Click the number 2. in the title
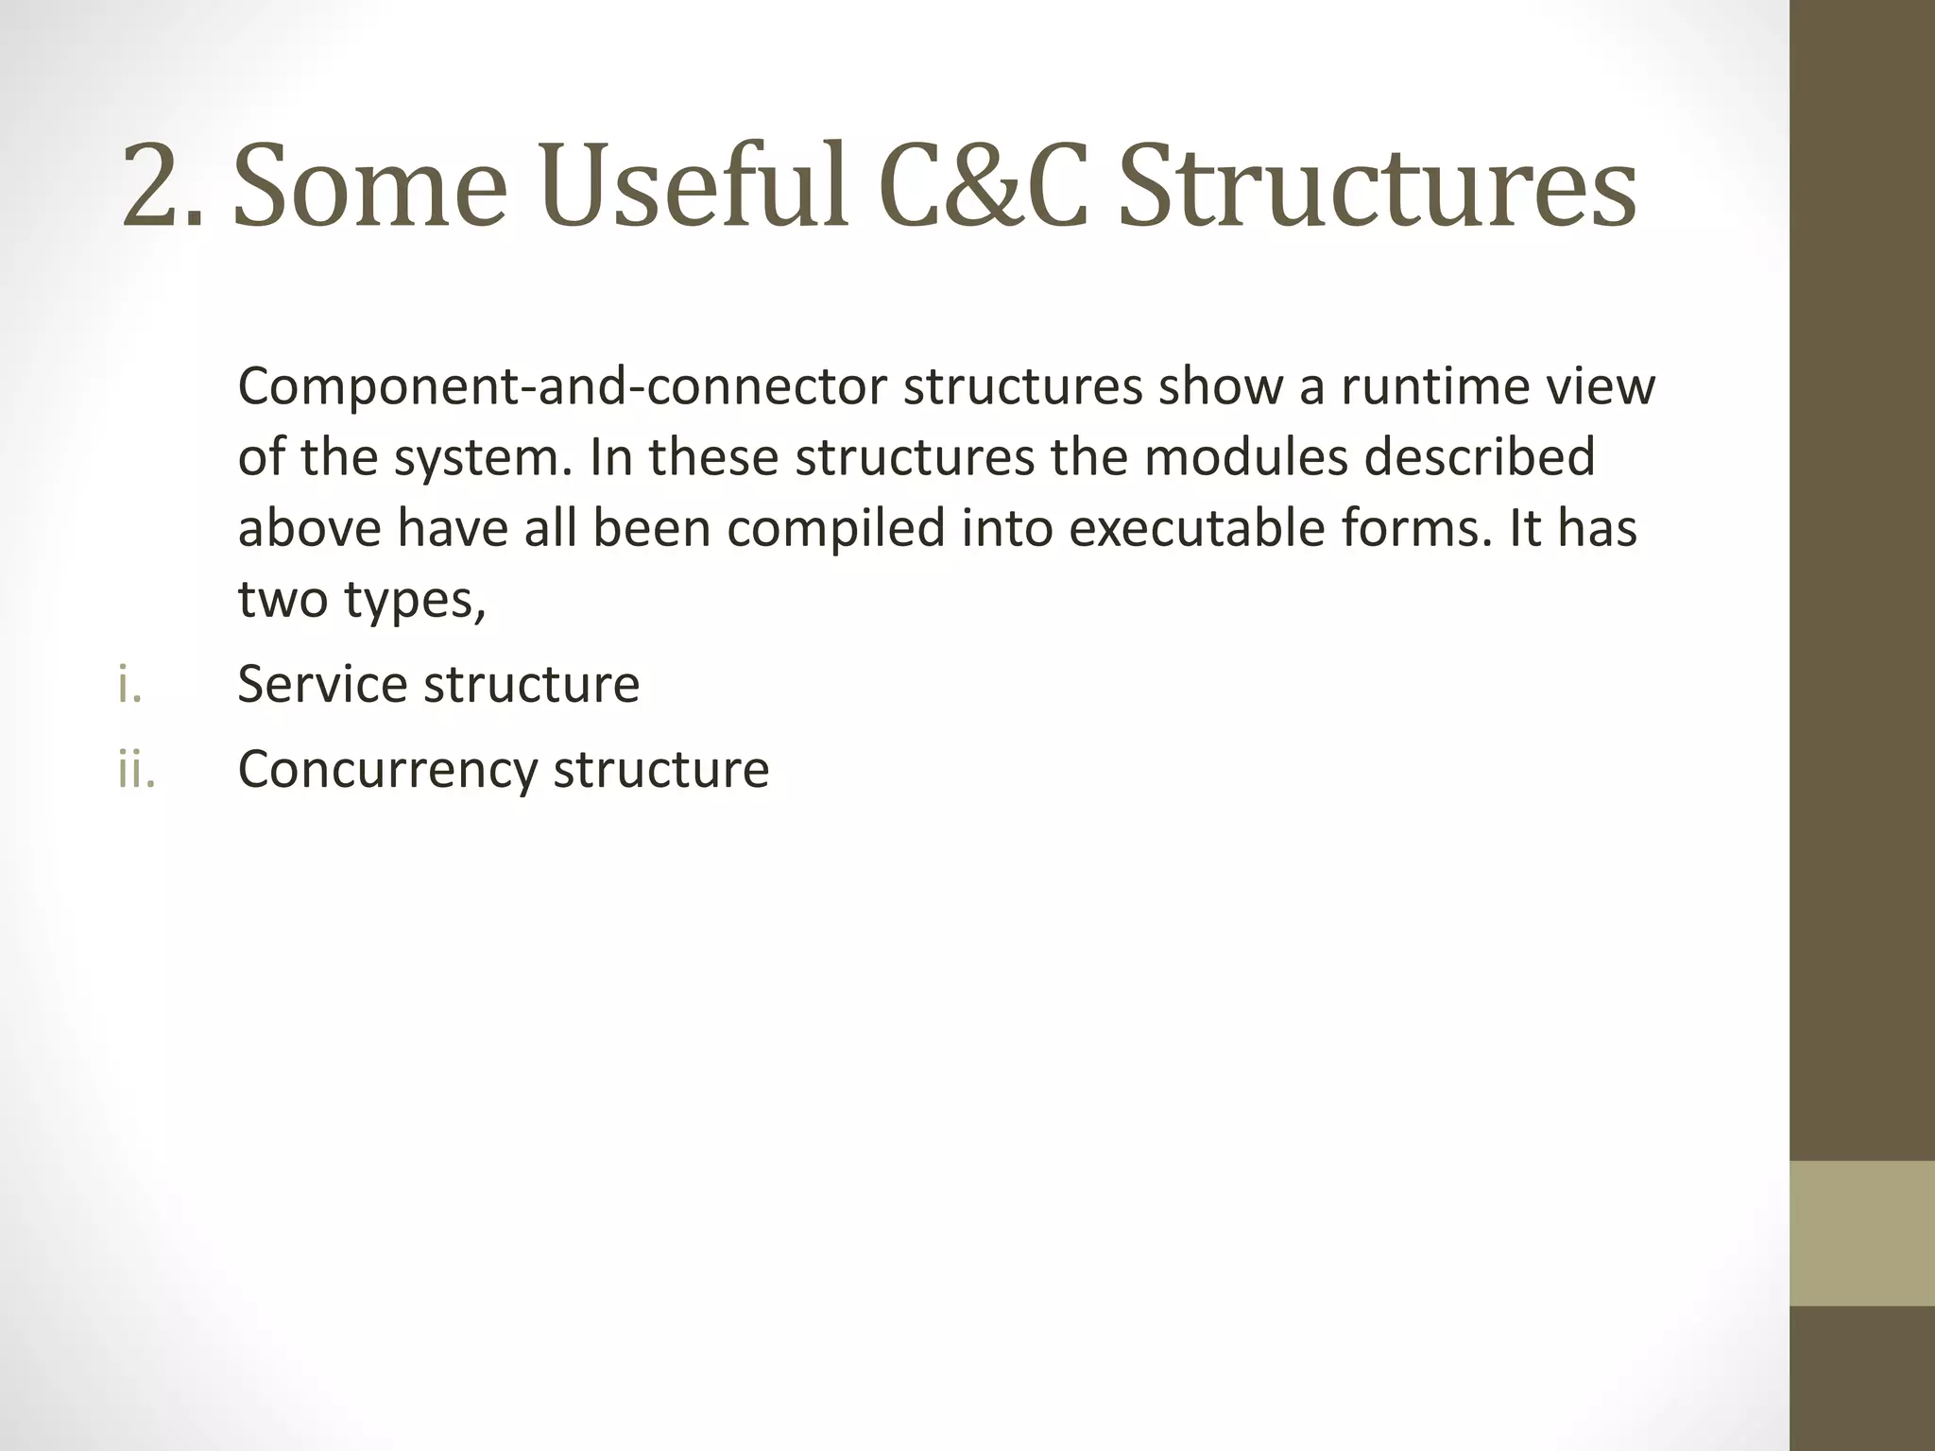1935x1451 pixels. pos(161,186)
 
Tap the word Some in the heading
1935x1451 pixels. pos(369,186)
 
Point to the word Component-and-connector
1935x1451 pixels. pos(562,387)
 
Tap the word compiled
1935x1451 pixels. pos(835,529)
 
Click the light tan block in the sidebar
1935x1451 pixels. pos(1861,1233)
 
